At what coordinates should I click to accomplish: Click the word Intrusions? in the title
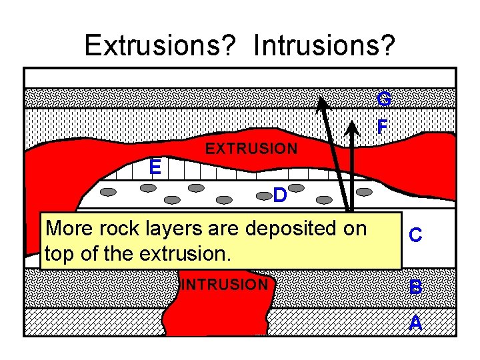click(x=325, y=45)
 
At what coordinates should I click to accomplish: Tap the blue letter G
click(x=383, y=99)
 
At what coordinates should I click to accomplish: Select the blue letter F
click(x=382, y=126)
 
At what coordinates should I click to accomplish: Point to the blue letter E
click(x=155, y=167)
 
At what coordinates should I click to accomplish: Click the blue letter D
click(x=280, y=195)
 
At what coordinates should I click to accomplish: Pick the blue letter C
click(x=415, y=235)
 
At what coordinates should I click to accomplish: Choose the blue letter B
click(x=415, y=287)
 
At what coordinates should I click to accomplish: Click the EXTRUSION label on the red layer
click(x=251, y=149)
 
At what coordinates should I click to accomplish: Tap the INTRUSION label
click(x=224, y=285)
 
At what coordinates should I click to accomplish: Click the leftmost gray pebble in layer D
click(x=109, y=192)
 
